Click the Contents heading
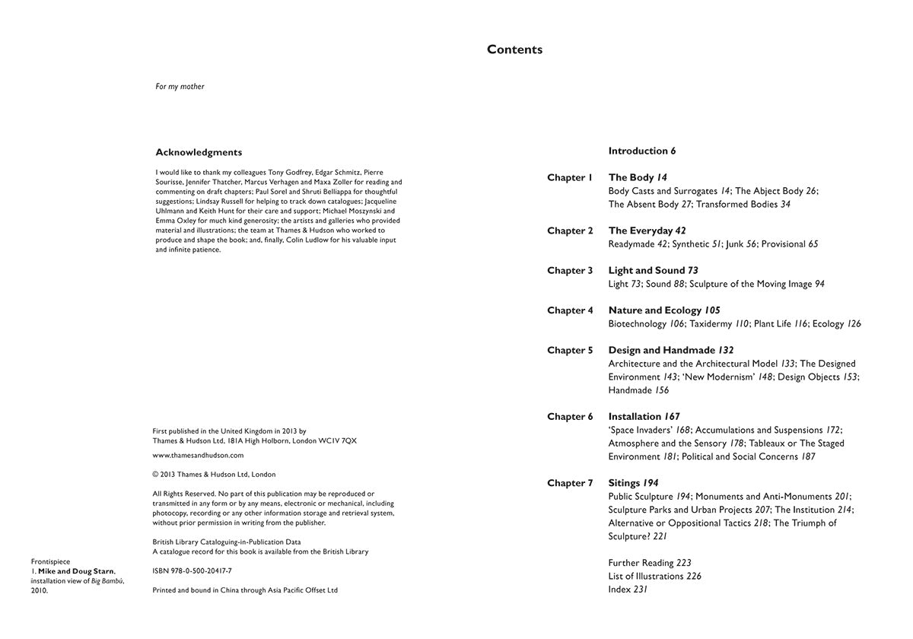[x=514, y=50]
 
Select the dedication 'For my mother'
[x=180, y=87]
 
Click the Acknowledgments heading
[x=199, y=152]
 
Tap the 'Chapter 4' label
[x=570, y=310]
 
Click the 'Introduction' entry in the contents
[x=638, y=151]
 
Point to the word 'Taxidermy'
[x=711, y=324]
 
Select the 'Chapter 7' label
[x=570, y=483]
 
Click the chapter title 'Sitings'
[x=624, y=483]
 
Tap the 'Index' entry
[x=619, y=590]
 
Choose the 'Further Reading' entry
[x=641, y=563]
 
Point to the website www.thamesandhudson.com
[x=198, y=456]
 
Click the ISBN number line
[x=192, y=571]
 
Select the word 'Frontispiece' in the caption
[x=50, y=562]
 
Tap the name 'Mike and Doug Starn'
[x=76, y=571]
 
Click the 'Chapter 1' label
[x=569, y=178]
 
